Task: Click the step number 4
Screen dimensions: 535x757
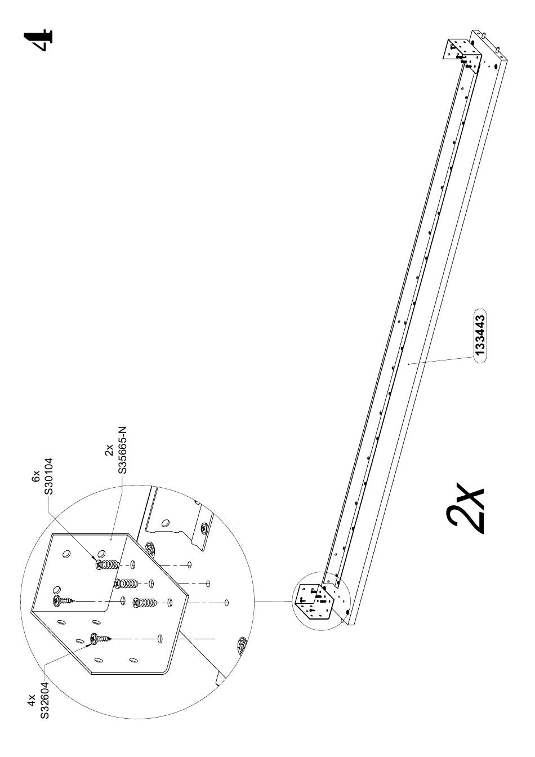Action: (38, 41)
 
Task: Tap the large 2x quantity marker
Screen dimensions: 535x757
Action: (466, 507)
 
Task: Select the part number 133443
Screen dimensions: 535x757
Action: (480, 336)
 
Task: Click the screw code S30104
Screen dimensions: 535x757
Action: (48, 475)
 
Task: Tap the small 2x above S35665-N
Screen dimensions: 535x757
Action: (109, 450)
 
